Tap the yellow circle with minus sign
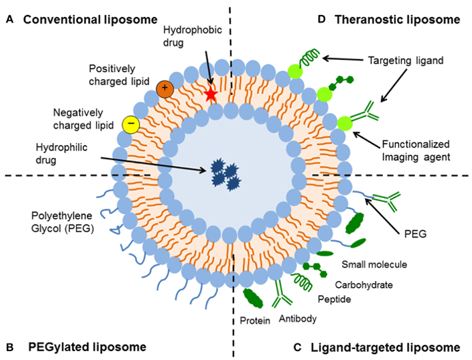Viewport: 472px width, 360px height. pos(131,124)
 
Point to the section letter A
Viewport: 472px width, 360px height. pos(9,19)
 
